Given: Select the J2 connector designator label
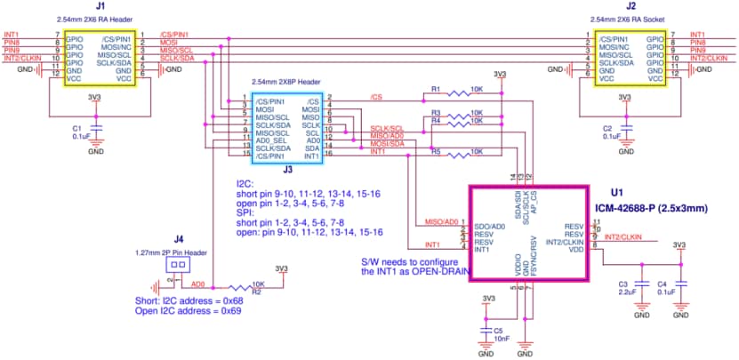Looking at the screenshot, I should pyautogui.click(x=630, y=6).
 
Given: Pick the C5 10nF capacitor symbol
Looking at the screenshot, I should pyautogui.click(x=486, y=330).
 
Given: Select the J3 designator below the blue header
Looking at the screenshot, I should pyautogui.click(x=287, y=168).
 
